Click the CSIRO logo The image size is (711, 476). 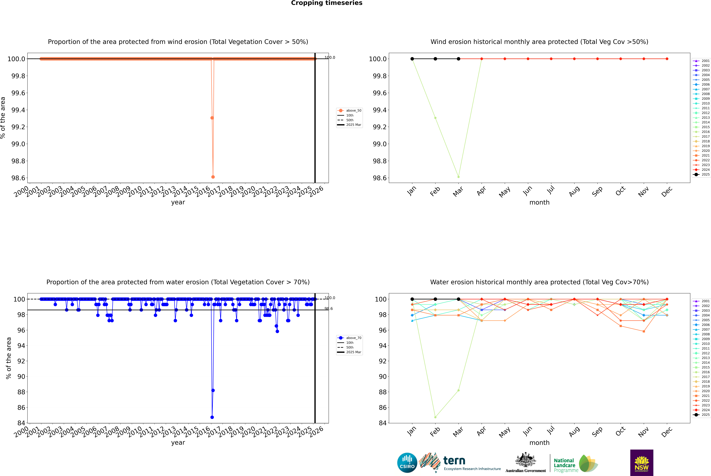(407, 463)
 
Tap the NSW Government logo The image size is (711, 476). (642, 463)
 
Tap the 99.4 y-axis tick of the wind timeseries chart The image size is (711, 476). (18, 110)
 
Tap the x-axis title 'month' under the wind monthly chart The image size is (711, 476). (539, 203)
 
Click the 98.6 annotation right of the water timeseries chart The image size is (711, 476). (329, 309)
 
